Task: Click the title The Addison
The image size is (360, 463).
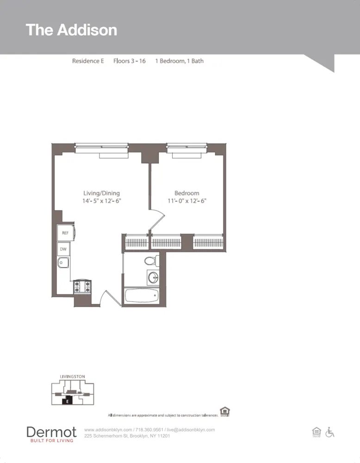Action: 71,30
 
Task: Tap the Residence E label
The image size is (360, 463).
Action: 88,61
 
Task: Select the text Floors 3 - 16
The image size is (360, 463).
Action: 130,61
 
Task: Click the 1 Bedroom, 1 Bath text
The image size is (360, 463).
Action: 179,61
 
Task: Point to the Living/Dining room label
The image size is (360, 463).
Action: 101,193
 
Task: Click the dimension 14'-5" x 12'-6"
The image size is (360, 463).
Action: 101,201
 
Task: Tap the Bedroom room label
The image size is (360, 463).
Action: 186,193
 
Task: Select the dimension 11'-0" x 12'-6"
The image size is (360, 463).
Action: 186,201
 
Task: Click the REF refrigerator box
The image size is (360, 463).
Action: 65,233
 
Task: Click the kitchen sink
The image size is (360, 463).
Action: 63,263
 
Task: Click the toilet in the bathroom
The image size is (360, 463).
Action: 151,261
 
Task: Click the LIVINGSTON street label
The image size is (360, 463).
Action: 73,377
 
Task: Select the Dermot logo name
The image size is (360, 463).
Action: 51,432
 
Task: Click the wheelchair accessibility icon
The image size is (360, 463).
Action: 330,432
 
